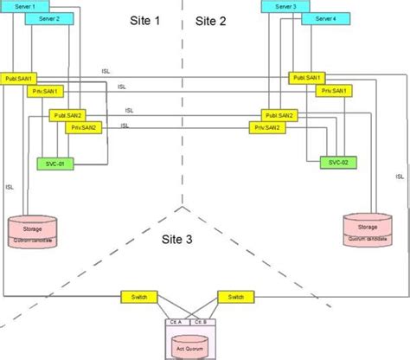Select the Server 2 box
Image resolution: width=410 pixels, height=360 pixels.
[49, 17]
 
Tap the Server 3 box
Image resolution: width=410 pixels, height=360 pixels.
[286, 6]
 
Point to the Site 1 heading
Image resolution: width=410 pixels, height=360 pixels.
[144, 21]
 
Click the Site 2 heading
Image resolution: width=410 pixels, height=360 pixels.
[212, 21]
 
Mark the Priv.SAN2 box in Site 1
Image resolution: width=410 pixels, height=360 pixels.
[86, 127]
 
